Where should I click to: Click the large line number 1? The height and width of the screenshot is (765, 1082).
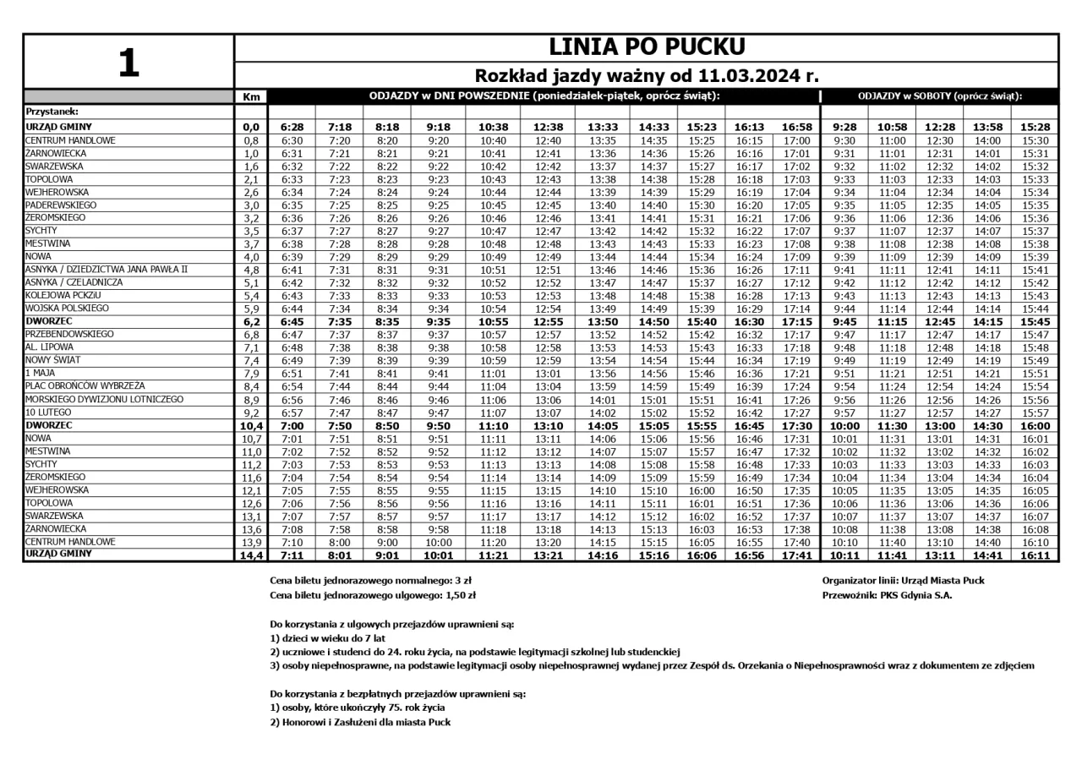128,63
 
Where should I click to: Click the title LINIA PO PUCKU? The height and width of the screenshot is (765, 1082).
647,47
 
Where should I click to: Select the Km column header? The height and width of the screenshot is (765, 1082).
250,96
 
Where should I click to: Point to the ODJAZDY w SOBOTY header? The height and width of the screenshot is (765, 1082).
940,96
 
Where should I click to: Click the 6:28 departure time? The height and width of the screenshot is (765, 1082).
292,127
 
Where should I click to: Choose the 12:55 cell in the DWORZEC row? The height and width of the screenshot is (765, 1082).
548,322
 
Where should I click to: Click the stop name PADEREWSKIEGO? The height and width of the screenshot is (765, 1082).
61,205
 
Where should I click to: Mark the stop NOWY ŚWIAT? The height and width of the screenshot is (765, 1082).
55,360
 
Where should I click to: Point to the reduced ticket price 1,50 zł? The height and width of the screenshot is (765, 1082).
462,595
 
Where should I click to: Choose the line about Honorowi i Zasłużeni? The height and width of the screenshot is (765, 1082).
360,723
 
